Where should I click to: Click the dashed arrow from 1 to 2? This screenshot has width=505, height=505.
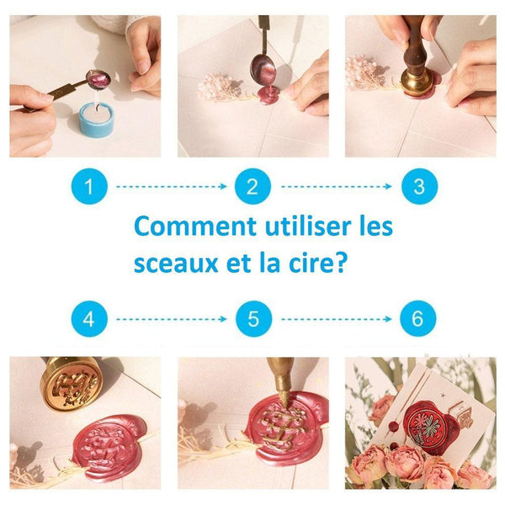coord(171,185)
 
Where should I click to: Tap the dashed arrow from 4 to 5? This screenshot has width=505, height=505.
coord(171,319)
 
